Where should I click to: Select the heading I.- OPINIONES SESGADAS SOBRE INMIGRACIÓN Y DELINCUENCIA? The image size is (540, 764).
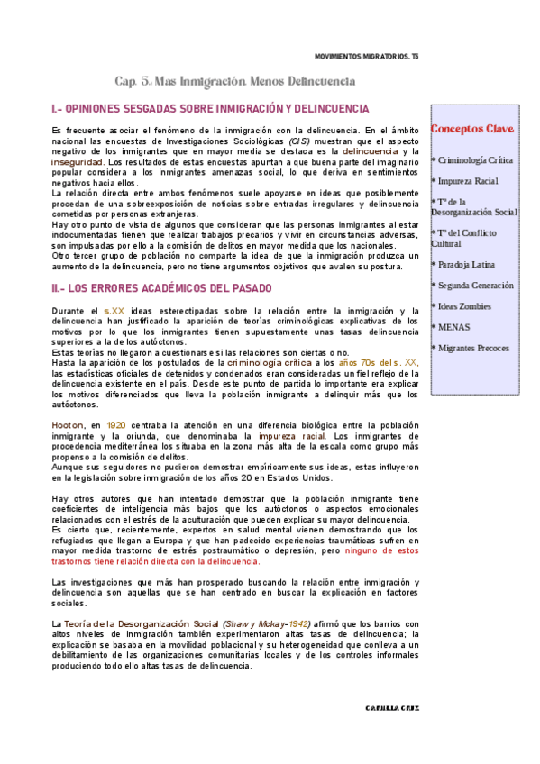204,109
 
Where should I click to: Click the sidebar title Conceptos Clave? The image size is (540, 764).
472,129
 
